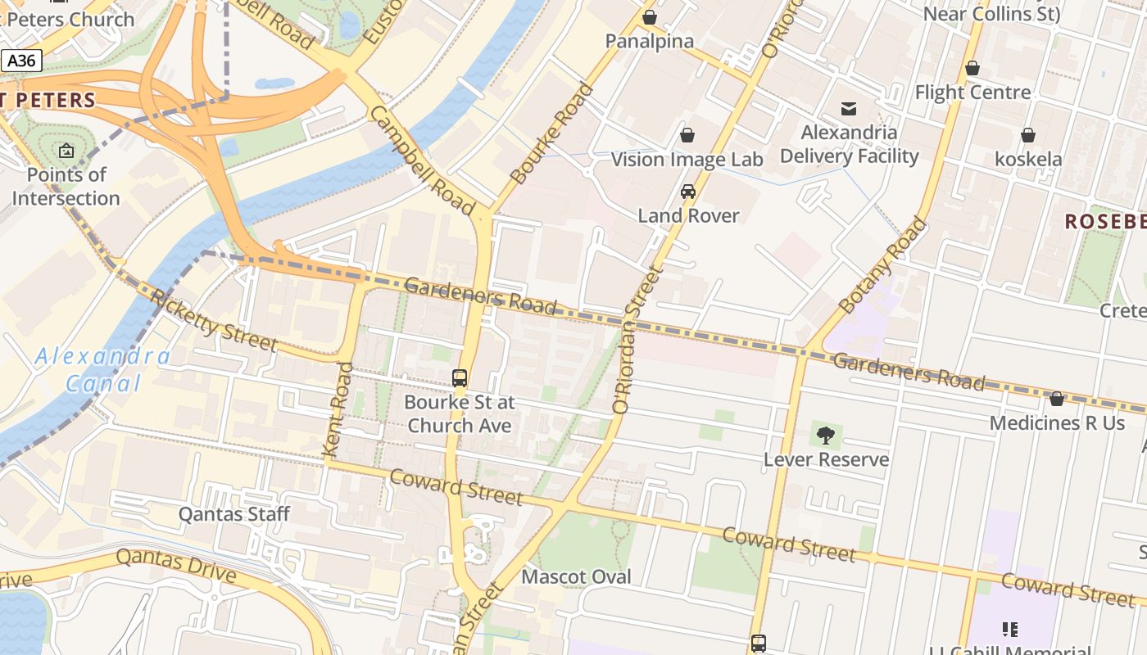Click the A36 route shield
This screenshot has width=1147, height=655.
click(x=21, y=61)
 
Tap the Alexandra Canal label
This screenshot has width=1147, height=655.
click(x=103, y=369)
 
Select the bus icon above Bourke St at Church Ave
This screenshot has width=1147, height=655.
click(x=460, y=378)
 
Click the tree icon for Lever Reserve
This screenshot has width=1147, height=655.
click(x=826, y=436)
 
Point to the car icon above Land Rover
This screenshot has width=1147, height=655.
click(x=688, y=192)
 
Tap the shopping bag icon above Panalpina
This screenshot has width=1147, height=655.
click(x=650, y=17)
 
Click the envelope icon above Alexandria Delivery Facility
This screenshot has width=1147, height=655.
click(x=849, y=108)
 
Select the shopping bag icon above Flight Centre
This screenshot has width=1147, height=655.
click(x=972, y=68)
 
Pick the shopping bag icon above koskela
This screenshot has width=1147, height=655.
click(x=1028, y=135)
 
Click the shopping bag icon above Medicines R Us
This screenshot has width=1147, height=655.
click(x=1057, y=399)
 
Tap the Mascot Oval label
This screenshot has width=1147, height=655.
click(x=577, y=576)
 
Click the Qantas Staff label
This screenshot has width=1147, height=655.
click(x=234, y=514)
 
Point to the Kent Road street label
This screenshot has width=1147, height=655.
click(x=338, y=409)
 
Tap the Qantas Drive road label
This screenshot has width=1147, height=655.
click(x=175, y=566)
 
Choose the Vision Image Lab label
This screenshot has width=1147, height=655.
click(x=687, y=160)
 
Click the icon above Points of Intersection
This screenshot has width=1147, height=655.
click(x=66, y=151)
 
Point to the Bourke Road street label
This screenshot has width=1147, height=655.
click(x=551, y=133)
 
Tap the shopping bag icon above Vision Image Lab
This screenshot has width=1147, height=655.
click(x=687, y=135)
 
